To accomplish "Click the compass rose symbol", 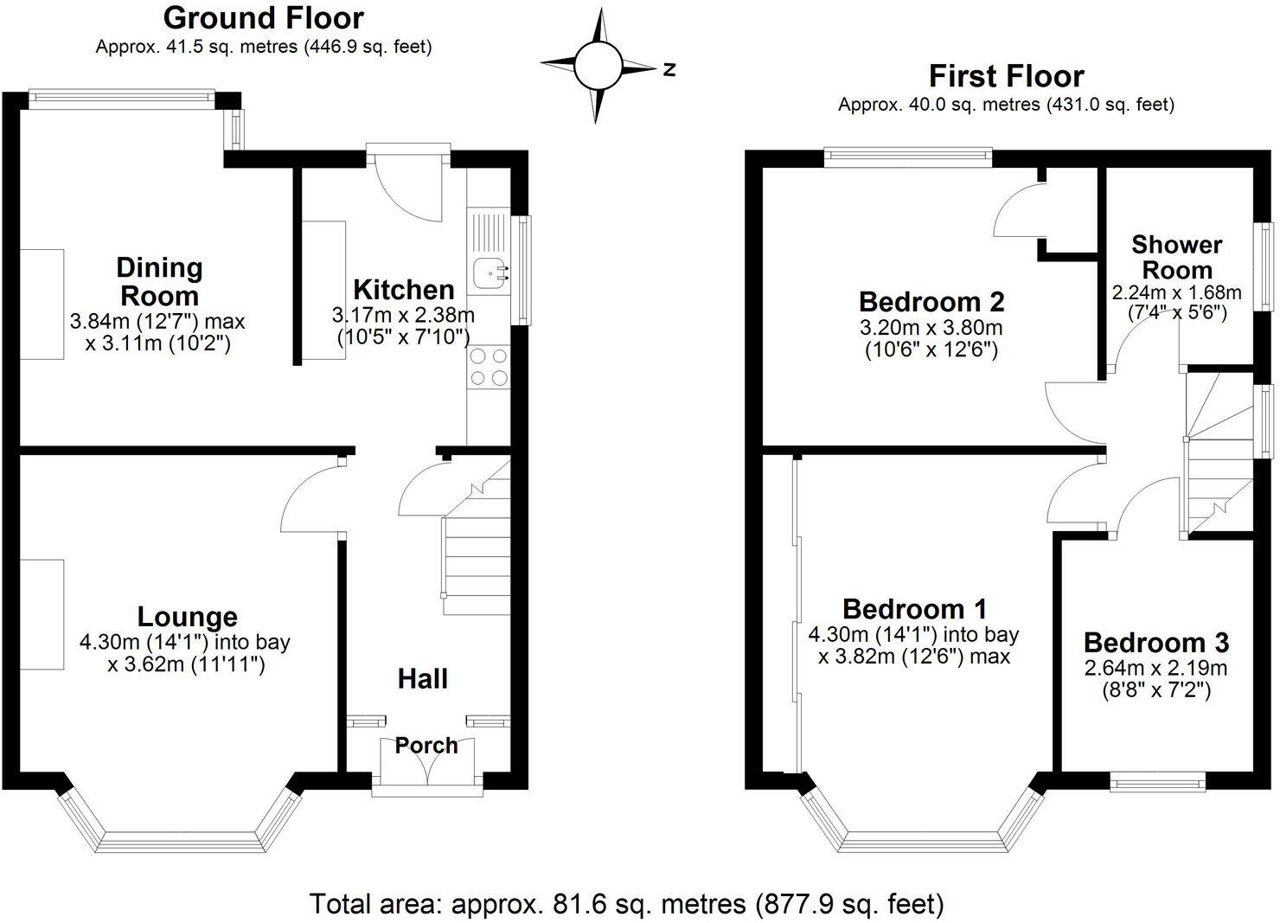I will (x=598, y=66).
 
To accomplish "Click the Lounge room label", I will (x=187, y=617).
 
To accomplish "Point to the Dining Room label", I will (x=159, y=281).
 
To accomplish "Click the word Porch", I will (x=426, y=745).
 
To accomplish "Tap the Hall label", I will (x=423, y=678).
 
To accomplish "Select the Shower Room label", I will (x=1177, y=257).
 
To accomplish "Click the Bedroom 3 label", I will (x=1155, y=643).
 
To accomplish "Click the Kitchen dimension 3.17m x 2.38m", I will (x=403, y=314).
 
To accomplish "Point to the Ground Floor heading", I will (x=263, y=17).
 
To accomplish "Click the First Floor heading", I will (x=1006, y=76).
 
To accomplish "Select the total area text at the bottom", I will (x=627, y=904).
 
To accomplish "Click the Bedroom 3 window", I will (x=1158, y=783).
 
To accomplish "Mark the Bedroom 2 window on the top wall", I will (x=908, y=156).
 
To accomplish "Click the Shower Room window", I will (x=1264, y=267).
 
